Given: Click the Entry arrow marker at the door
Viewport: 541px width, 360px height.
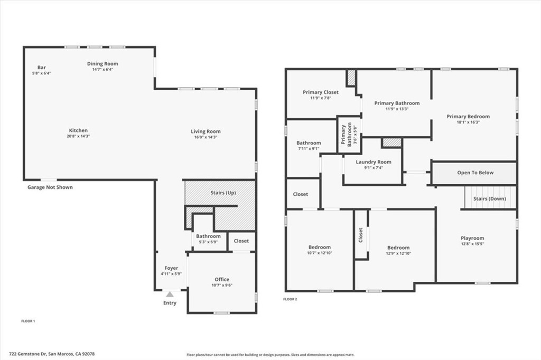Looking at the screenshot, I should coord(169,294).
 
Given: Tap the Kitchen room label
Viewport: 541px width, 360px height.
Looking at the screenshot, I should coord(78,131).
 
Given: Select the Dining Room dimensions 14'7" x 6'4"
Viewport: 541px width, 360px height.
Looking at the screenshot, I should coord(102,69).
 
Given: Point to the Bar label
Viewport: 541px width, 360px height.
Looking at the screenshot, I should coord(41,68).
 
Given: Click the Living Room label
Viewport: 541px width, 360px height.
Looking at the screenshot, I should coord(206,131).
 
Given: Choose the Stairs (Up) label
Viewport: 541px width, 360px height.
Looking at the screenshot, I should coord(223,193).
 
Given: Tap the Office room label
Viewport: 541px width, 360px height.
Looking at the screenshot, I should coord(222,280).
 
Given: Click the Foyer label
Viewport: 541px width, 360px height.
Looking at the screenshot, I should coord(171,268).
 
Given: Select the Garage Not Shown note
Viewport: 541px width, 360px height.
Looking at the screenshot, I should coord(50,187).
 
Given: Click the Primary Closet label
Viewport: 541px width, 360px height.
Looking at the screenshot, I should coord(320,92).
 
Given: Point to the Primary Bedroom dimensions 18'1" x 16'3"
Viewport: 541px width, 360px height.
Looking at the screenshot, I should coord(468,122).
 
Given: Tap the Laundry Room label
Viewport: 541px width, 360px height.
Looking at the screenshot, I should coord(374,162).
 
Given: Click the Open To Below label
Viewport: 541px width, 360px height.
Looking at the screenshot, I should coord(475,173).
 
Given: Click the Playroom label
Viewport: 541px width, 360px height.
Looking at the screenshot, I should coord(472,239).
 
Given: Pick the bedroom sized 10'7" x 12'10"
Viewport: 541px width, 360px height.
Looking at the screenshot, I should coord(320,250).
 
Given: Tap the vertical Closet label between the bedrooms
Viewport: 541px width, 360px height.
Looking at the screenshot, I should coord(361,235).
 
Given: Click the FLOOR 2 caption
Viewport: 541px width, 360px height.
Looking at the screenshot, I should coord(290,299).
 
